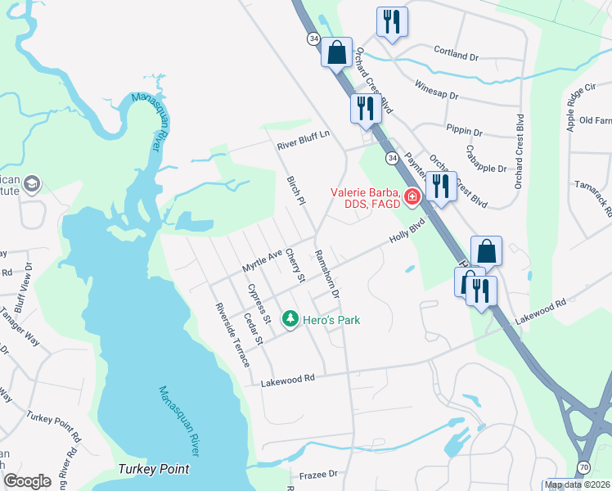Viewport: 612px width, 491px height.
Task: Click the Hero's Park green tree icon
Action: tap(290, 319)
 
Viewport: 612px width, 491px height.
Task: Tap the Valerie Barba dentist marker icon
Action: tap(412, 196)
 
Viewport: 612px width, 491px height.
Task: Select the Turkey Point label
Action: tap(153, 469)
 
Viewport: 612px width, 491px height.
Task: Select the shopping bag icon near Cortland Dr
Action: tap(336, 53)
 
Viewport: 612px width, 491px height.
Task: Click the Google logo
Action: tap(28, 481)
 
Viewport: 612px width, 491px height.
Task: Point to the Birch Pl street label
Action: tap(295, 190)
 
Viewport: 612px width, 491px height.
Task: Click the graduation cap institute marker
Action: tap(32, 182)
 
